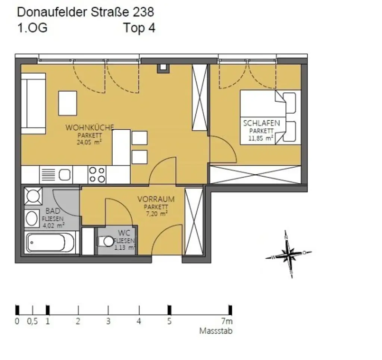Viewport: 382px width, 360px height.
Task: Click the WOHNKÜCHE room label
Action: [x=90, y=127]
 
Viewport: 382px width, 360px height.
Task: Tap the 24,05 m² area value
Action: [x=90, y=142]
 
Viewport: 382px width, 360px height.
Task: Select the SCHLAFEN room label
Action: [x=262, y=123]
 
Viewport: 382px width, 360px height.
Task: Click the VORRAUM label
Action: [x=156, y=199]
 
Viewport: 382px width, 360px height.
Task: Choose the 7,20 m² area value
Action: [x=156, y=214]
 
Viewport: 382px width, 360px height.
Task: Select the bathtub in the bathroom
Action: [x=50, y=243]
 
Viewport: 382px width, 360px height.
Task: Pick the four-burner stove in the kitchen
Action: [x=97, y=174]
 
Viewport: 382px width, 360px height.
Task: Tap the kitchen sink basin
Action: [x=65, y=174]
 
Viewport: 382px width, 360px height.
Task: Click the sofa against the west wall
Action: [x=33, y=103]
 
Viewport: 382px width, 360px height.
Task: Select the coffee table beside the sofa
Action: [x=68, y=103]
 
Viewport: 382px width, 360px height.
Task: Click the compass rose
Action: [x=288, y=255]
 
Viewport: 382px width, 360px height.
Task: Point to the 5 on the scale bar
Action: [x=169, y=321]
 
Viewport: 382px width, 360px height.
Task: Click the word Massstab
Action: [x=216, y=331]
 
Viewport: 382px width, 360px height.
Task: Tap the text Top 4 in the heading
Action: [x=139, y=28]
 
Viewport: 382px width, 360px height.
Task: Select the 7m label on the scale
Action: [x=227, y=321]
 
